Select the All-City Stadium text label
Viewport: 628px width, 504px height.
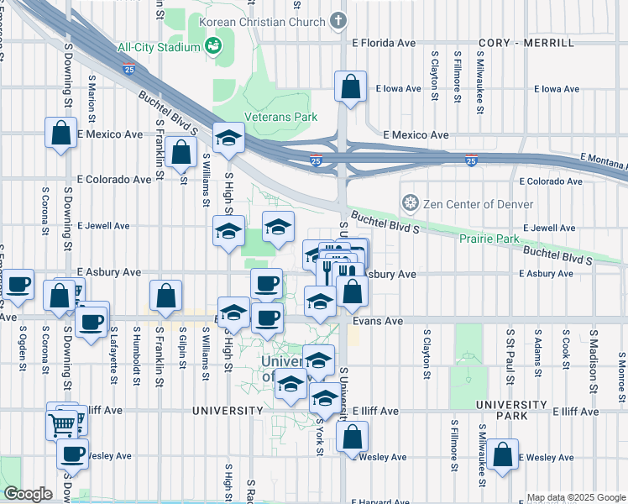point(159,47)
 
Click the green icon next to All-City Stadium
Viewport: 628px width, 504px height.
point(213,45)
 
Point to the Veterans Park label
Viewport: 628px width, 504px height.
point(280,117)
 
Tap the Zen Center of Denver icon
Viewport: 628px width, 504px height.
point(411,202)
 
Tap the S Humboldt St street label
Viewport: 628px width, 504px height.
point(134,356)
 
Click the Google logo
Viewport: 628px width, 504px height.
point(28,494)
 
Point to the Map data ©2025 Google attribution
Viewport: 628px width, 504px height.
point(575,497)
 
